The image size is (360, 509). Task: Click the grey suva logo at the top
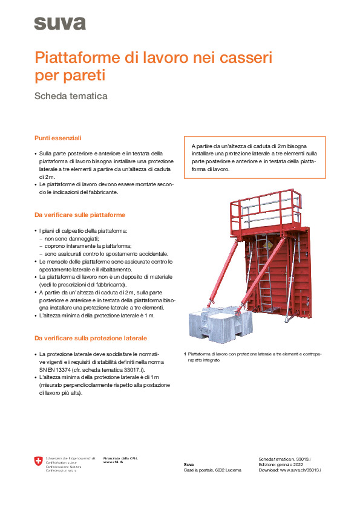(x=59, y=24)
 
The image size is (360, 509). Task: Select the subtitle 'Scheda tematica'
(x=71, y=96)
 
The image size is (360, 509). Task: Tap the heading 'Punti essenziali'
(x=57, y=138)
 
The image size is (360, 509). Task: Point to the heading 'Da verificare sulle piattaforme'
(x=80, y=215)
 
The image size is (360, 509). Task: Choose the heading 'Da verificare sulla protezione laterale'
(x=90, y=338)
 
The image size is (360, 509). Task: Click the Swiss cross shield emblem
(x=39, y=462)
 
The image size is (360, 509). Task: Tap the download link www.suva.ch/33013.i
(x=300, y=470)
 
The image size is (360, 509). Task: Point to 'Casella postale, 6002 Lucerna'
(x=212, y=470)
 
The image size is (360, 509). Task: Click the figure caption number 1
(x=185, y=354)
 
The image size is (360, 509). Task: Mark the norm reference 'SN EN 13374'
(x=57, y=368)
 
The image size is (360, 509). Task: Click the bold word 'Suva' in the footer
(x=189, y=464)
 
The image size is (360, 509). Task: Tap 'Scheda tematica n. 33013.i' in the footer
(x=288, y=459)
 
